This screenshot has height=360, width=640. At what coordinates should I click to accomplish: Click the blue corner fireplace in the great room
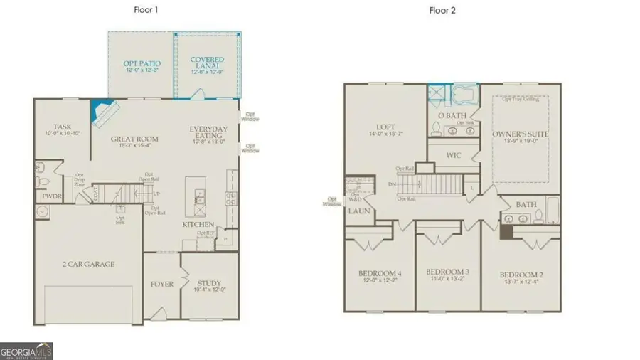pos(98,110)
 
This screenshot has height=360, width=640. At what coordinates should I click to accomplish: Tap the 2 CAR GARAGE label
pos(87,263)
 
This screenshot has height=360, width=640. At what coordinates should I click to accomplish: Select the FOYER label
pos(161,284)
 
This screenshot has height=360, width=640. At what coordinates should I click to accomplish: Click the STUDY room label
pos(209,282)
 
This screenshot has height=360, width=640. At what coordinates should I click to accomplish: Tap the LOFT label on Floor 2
pos(386,127)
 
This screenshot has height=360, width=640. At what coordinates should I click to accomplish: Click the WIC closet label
pos(454,154)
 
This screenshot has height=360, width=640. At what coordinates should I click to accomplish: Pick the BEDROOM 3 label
pos(448,272)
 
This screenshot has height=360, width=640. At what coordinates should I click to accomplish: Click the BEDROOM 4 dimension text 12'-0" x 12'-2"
pos(380,282)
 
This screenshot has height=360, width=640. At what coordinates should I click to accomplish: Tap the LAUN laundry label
pos(356,211)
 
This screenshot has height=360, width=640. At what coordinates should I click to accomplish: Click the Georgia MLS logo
pos(26,351)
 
